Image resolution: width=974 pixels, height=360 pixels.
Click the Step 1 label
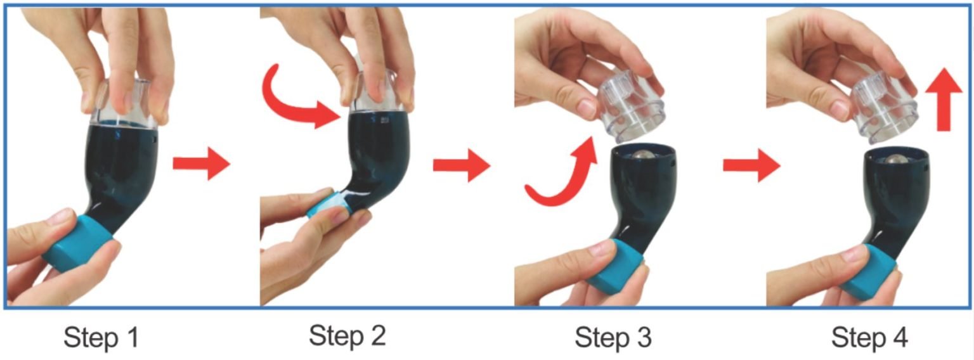click(x=101, y=337)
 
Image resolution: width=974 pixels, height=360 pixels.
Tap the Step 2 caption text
click(x=347, y=335)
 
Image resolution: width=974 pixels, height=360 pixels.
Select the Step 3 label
click(x=613, y=337)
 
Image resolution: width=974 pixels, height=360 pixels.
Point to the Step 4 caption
click(x=869, y=337)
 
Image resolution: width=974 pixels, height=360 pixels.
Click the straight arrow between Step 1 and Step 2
click(x=201, y=164)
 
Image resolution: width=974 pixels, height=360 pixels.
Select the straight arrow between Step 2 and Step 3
click(x=462, y=165)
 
